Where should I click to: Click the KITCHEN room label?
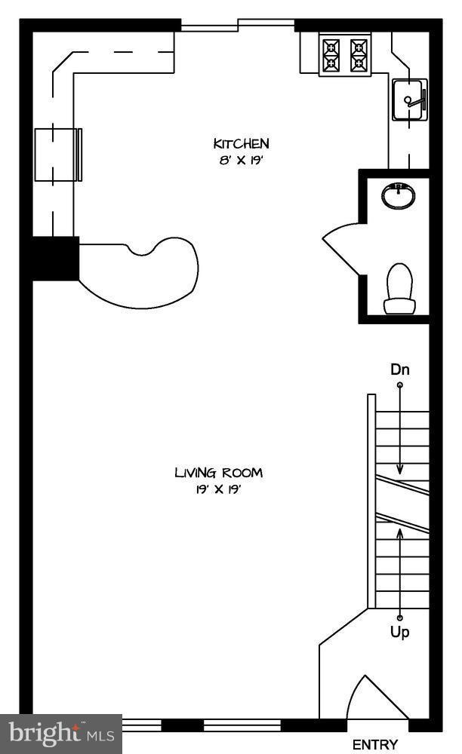[x=241, y=143]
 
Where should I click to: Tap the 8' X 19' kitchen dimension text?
[x=240, y=160]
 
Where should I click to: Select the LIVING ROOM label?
[x=218, y=473]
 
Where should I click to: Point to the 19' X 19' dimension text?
[x=218, y=489]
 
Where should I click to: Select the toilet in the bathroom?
[x=399, y=289]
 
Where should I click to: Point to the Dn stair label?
[x=400, y=369]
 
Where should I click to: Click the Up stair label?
[x=400, y=631]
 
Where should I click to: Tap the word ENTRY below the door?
[x=375, y=745]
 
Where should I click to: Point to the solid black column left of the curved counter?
[x=55, y=258]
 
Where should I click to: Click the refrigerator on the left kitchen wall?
[x=57, y=155]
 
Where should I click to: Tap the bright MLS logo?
[x=61, y=734]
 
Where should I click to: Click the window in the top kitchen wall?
[x=238, y=25]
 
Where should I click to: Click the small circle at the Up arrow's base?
[x=399, y=618]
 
